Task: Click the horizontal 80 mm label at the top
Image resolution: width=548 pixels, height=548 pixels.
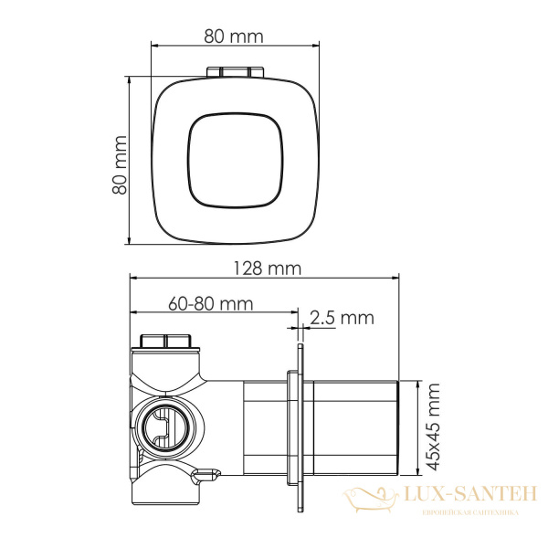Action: pyautogui.click(x=234, y=37)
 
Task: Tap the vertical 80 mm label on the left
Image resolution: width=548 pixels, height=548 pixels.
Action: pyautogui.click(x=120, y=164)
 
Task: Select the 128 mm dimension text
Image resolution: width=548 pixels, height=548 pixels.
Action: pyautogui.click(x=267, y=269)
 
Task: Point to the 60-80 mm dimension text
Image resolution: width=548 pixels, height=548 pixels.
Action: pyautogui.click(x=210, y=304)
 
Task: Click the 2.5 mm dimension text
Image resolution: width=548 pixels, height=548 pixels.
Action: pyautogui.click(x=342, y=318)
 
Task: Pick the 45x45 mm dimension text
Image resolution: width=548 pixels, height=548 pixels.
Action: pyautogui.click(x=433, y=427)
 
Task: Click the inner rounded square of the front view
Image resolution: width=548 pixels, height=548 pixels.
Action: pyautogui.click(x=236, y=161)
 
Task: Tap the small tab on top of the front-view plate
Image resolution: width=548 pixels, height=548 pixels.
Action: pyautogui.click(x=235, y=72)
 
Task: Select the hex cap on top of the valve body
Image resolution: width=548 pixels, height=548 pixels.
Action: pyautogui.click(x=164, y=341)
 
